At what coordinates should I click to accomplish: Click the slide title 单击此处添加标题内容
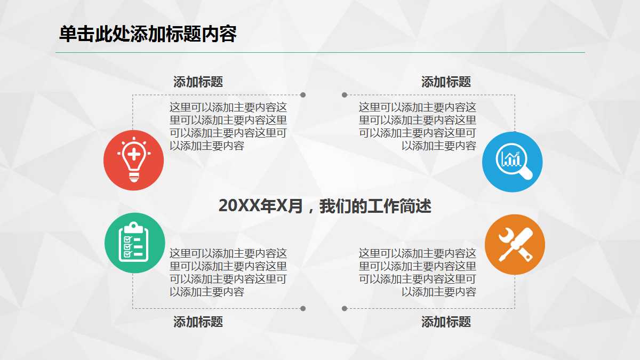coord(148,35)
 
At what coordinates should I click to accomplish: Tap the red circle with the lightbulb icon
coord(133,160)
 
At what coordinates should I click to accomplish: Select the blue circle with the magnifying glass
coord(512,162)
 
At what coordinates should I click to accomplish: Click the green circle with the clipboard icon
coord(134,243)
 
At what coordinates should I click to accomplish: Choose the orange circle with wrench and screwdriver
coord(515,245)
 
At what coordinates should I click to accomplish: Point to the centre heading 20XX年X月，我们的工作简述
coord(325,206)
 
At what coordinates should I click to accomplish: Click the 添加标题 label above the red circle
coord(198,82)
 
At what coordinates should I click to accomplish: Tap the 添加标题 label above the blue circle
coord(446,82)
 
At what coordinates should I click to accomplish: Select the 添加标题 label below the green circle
coord(198,322)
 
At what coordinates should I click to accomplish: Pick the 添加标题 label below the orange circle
coord(446,322)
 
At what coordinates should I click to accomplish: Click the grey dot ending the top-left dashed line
coord(303,95)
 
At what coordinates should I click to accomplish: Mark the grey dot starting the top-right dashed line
coord(345,95)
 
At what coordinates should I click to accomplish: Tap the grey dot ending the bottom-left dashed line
coord(303,308)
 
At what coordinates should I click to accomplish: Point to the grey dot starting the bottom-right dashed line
coord(345,308)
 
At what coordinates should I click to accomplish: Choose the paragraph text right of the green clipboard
coord(228,273)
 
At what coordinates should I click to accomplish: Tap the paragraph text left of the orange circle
coord(418,273)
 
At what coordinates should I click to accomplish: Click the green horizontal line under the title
coord(320,53)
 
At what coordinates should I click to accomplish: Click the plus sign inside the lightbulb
coord(134,155)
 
